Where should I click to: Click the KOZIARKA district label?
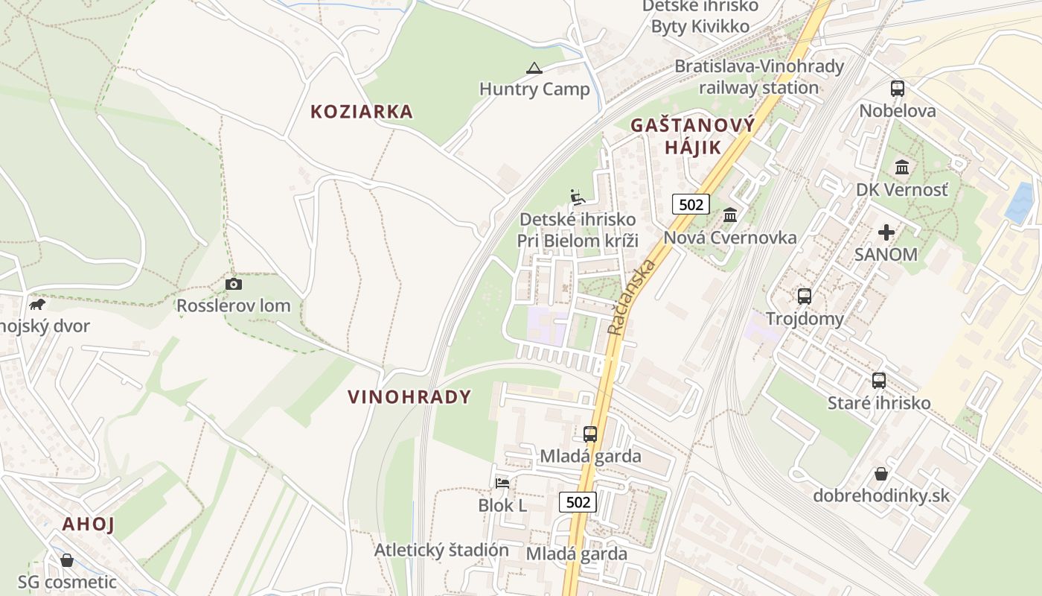pyautogui.click(x=361, y=112)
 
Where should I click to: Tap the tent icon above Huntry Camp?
pyautogui.click(x=534, y=69)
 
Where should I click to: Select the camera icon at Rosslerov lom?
pyautogui.click(x=233, y=284)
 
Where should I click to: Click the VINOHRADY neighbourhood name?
pyautogui.click(x=409, y=397)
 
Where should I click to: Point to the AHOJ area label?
pyautogui.click(x=89, y=524)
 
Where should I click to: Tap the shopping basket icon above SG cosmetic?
pyautogui.click(x=67, y=559)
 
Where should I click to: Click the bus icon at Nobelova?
pyautogui.click(x=897, y=89)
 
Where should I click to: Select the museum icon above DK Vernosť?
pyautogui.click(x=902, y=167)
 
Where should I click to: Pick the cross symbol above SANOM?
pyautogui.click(x=886, y=232)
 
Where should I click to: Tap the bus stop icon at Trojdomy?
pyautogui.click(x=804, y=296)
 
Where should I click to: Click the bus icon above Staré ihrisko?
pyautogui.click(x=878, y=381)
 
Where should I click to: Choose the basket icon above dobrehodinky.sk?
pyautogui.click(x=880, y=474)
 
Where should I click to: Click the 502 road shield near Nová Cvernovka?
pyautogui.click(x=690, y=204)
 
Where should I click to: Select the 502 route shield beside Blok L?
pyautogui.click(x=578, y=502)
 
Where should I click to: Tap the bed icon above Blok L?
pyautogui.click(x=502, y=483)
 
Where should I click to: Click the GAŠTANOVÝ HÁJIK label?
pyautogui.click(x=692, y=136)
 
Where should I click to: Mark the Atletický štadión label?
pyautogui.click(x=441, y=551)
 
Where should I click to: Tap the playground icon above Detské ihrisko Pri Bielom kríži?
pyautogui.click(x=577, y=197)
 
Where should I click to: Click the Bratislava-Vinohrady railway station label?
pyautogui.click(x=759, y=77)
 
